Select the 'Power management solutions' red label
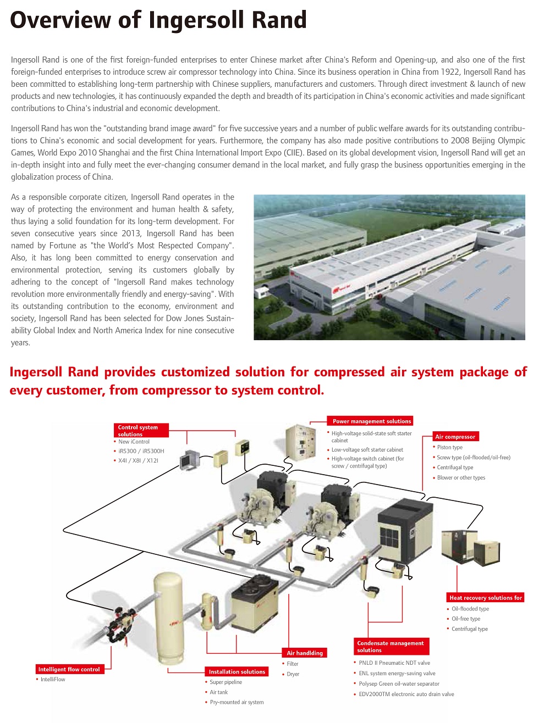pos(371,421)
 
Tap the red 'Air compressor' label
pos(455,436)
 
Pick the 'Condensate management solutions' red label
pos(391,646)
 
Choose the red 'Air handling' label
pos(305,653)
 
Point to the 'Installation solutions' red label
pos(237,671)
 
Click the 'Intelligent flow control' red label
pos(69,669)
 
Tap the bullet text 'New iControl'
pos(134,442)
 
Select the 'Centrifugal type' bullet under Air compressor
pos(455,468)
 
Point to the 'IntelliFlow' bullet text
pos(53,680)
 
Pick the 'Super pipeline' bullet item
pos(226,682)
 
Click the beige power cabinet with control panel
pos(300,442)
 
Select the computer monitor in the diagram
pos(190,459)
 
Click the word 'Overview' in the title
pos(61,20)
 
